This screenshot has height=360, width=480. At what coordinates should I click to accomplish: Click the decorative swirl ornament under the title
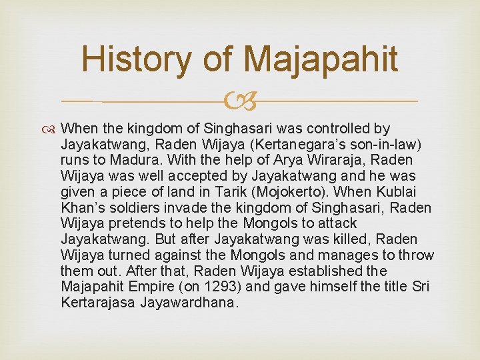point(240,102)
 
